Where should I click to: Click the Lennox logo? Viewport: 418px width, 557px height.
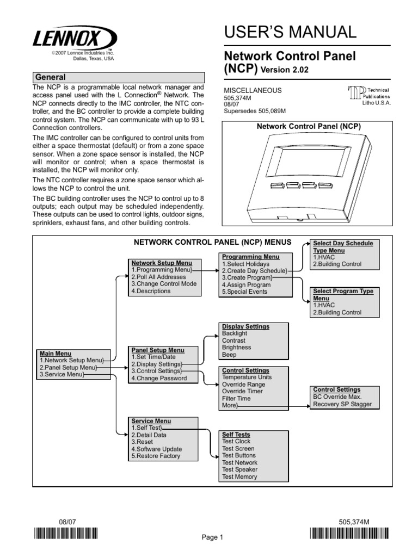click(74, 39)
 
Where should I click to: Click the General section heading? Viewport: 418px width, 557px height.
click(50, 77)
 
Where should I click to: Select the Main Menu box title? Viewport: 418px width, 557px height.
click(56, 353)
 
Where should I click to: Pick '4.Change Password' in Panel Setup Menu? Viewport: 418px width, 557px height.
click(158, 378)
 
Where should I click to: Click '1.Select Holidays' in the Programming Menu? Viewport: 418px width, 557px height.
click(245, 264)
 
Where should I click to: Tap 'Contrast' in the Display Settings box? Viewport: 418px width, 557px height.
click(233, 341)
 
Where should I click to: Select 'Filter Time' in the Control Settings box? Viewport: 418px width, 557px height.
click(236, 399)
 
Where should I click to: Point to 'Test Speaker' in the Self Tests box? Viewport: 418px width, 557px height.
click(239, 469)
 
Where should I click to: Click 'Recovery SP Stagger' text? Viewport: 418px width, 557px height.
click(342, 404)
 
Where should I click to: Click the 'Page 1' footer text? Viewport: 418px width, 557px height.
click(213, 537)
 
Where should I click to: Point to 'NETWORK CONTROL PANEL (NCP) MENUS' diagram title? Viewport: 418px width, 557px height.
click(212, 241)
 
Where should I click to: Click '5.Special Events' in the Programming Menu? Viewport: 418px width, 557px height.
click(244, 292)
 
